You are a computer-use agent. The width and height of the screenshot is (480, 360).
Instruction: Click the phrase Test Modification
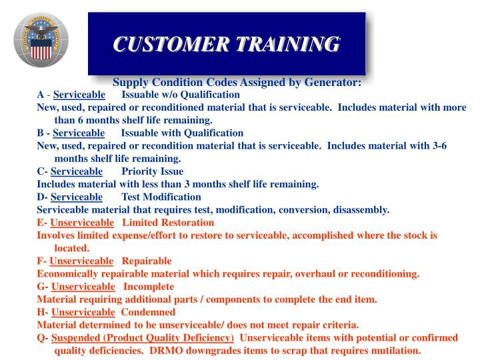click(161, 197)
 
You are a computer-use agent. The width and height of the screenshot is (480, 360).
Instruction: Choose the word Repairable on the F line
click(147, 261)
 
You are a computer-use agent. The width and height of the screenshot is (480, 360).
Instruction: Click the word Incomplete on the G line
click(149, 287)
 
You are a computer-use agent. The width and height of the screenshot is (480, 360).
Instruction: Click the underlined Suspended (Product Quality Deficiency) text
click(143, 338)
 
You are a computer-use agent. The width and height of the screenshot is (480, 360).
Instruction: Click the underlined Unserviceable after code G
click(83, 287)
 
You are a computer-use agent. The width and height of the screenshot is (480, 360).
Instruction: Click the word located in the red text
click(71, 247)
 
